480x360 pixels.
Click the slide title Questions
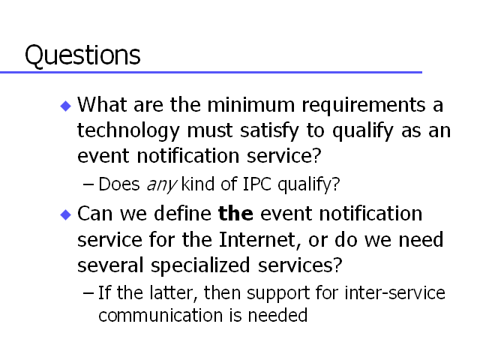click(82, 55)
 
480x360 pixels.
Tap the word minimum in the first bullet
click(251, 105)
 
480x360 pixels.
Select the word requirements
click(364, 106)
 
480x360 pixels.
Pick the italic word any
click(162, 185)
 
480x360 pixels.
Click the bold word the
click(235, 213)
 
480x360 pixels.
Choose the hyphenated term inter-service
click(395, 292)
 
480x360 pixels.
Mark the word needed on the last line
click(277, 315)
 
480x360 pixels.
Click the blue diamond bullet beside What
click(66, 106)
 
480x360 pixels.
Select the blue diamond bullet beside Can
click(66, 214)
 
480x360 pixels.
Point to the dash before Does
click(88, 184)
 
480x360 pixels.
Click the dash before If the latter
click(88, 293)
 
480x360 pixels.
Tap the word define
click(182, 213)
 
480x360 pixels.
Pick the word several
click(110, 265)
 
